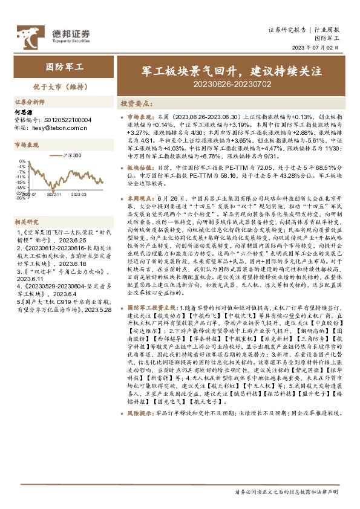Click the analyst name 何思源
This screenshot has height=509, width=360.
point(23,112)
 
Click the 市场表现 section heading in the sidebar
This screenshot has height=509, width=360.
point(27,145)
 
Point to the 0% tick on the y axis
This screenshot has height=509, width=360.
point(22,161)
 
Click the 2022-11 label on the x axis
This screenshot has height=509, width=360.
point(54,195)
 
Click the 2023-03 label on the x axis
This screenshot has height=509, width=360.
point(79,195)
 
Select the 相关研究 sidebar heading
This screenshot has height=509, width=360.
point(27,222)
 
